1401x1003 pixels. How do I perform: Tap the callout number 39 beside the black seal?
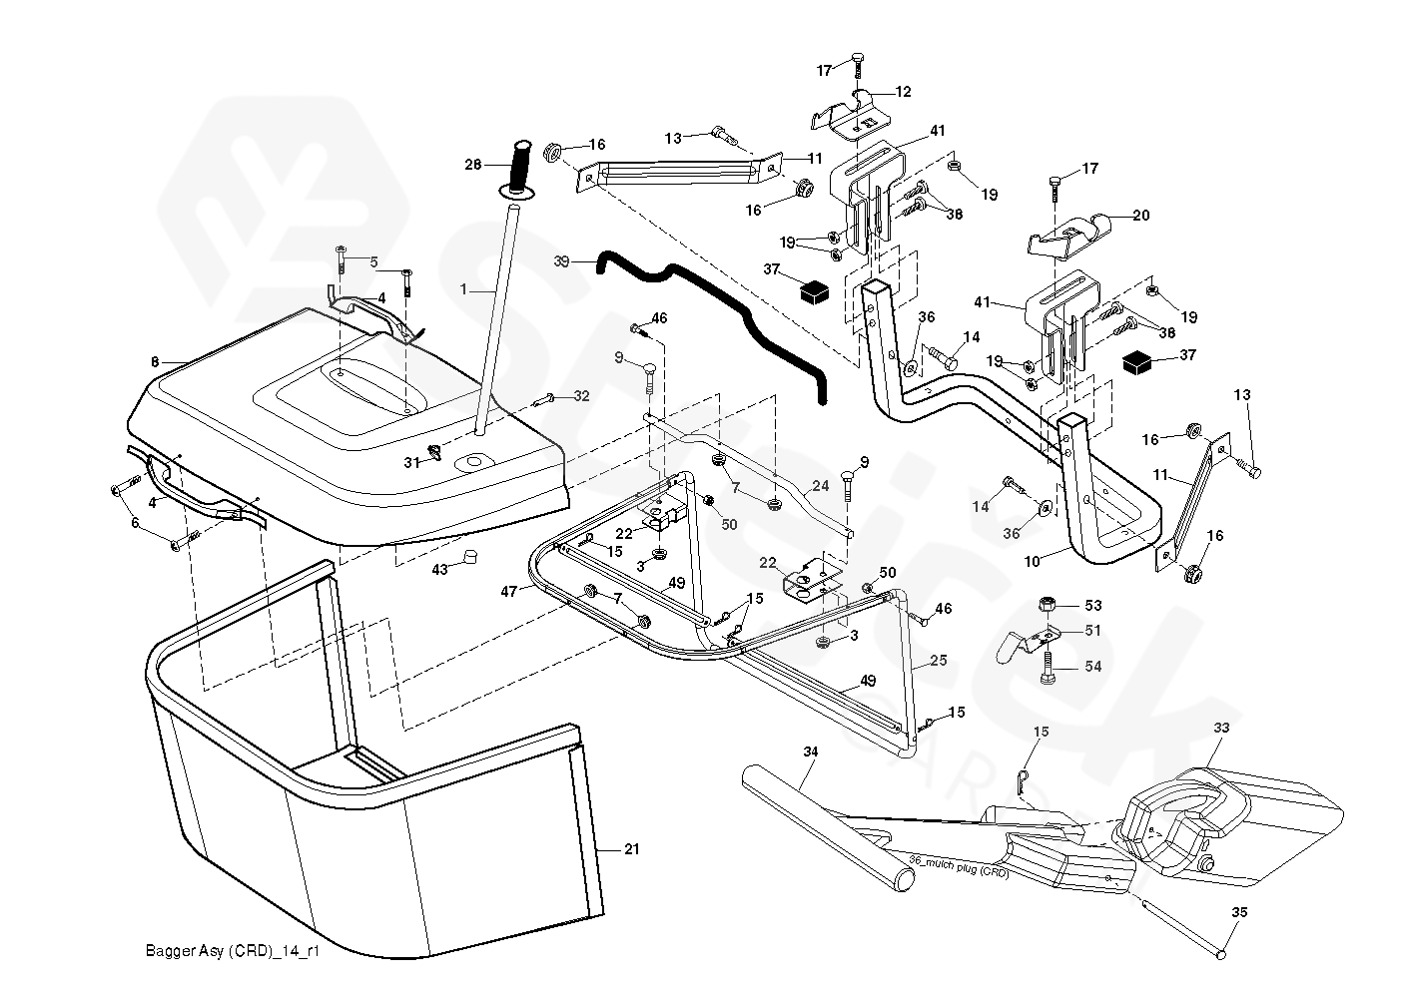[560, 260]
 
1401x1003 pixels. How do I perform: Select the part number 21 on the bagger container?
[630, 849]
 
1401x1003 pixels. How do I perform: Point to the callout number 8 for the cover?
[155, 362]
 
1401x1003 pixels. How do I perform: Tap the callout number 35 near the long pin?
[1239, 912]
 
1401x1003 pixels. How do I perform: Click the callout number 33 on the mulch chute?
[1221, 730]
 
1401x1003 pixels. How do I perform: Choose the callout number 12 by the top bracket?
[903, 92]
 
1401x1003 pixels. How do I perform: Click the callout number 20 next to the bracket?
[1141, 216]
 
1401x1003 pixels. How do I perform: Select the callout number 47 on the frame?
[508, 592]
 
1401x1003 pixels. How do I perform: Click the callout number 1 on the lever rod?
[463, 287]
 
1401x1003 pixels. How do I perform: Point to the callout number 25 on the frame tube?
[937, 661]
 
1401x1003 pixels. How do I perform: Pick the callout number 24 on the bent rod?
[820, 486]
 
